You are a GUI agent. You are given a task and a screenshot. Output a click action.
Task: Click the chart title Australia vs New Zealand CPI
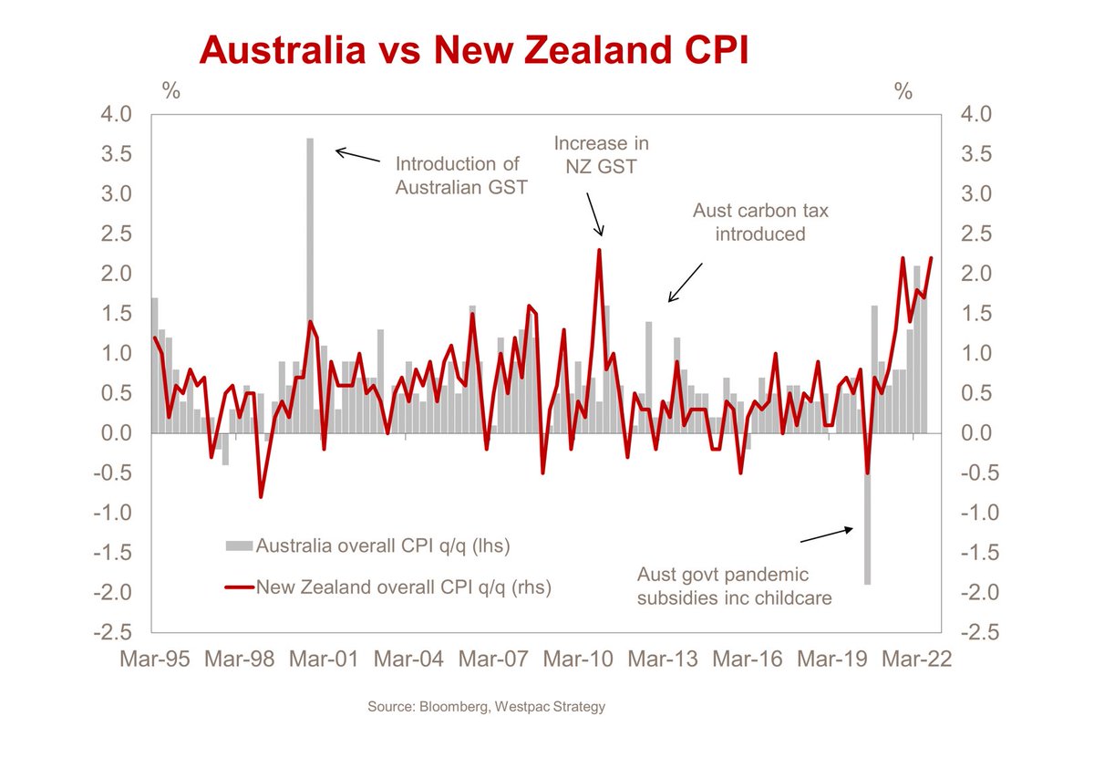point(474,50)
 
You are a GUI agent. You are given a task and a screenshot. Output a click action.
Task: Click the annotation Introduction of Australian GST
point(457,176)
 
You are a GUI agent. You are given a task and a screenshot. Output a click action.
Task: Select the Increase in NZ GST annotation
point(602,155)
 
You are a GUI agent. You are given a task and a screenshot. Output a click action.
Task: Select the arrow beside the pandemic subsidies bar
point(827,535)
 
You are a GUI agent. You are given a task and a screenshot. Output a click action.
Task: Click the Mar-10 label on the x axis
point(579,659)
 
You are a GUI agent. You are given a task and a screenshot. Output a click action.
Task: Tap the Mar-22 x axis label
point(915,659)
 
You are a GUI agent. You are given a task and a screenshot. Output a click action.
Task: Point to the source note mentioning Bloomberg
point(486,707)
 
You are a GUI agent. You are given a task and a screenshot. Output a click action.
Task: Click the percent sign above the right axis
point(903,90)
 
